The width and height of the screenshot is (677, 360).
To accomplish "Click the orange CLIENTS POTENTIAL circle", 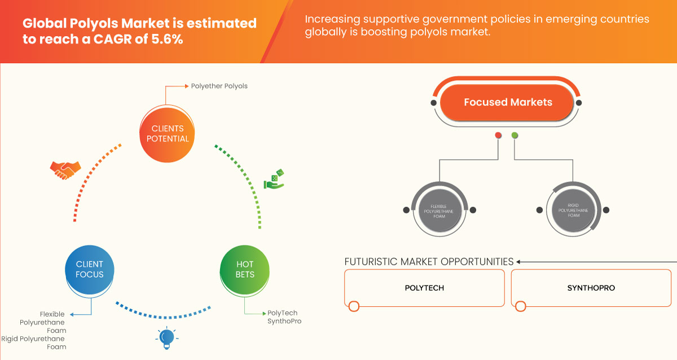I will click(x=166, y=133).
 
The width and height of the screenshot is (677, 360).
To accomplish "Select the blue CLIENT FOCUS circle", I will click(x=90, y=269).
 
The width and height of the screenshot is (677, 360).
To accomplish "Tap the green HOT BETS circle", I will click(x=245, y=269).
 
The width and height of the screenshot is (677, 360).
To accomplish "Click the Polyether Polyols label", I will click(x=219, y=86).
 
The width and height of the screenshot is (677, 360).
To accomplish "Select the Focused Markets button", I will click(x=508, y=102).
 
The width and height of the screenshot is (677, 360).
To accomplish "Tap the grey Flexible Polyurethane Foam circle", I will click(x=438, y=210).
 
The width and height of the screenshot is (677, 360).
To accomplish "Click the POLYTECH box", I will click(x=424, y=288).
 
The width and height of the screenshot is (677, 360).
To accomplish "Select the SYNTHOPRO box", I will click(x=591, y=288).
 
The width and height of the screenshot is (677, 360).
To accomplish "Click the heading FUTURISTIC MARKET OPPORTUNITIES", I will click(x=429, y=262).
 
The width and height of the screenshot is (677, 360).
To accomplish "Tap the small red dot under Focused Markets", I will click(x=498, y=135).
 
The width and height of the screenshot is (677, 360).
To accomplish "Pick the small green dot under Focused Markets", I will click(x=515, y=135).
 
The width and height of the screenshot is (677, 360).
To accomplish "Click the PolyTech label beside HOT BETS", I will click(x=282, y=313).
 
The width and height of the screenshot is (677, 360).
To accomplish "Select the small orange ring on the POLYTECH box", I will click(x=354, y=306).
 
